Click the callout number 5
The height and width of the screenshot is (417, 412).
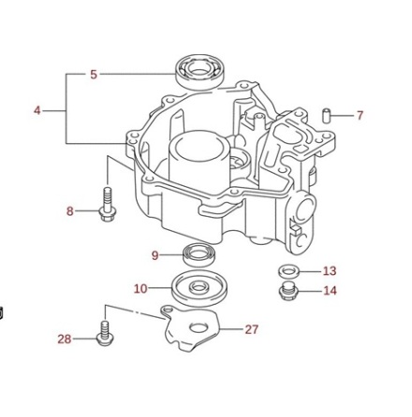93,74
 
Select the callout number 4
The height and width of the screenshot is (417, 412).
37,110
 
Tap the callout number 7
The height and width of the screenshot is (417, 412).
360,116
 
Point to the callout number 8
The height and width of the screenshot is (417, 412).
70,211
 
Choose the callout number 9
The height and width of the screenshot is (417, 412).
154,254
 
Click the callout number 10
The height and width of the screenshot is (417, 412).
140,289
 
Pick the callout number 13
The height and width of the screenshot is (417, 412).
329,271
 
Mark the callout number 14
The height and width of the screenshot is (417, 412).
330,291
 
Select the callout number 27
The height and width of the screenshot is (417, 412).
251,329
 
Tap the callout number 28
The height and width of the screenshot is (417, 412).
64,339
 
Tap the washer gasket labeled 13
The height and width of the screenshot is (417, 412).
288,271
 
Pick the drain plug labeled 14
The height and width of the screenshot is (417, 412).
288,291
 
